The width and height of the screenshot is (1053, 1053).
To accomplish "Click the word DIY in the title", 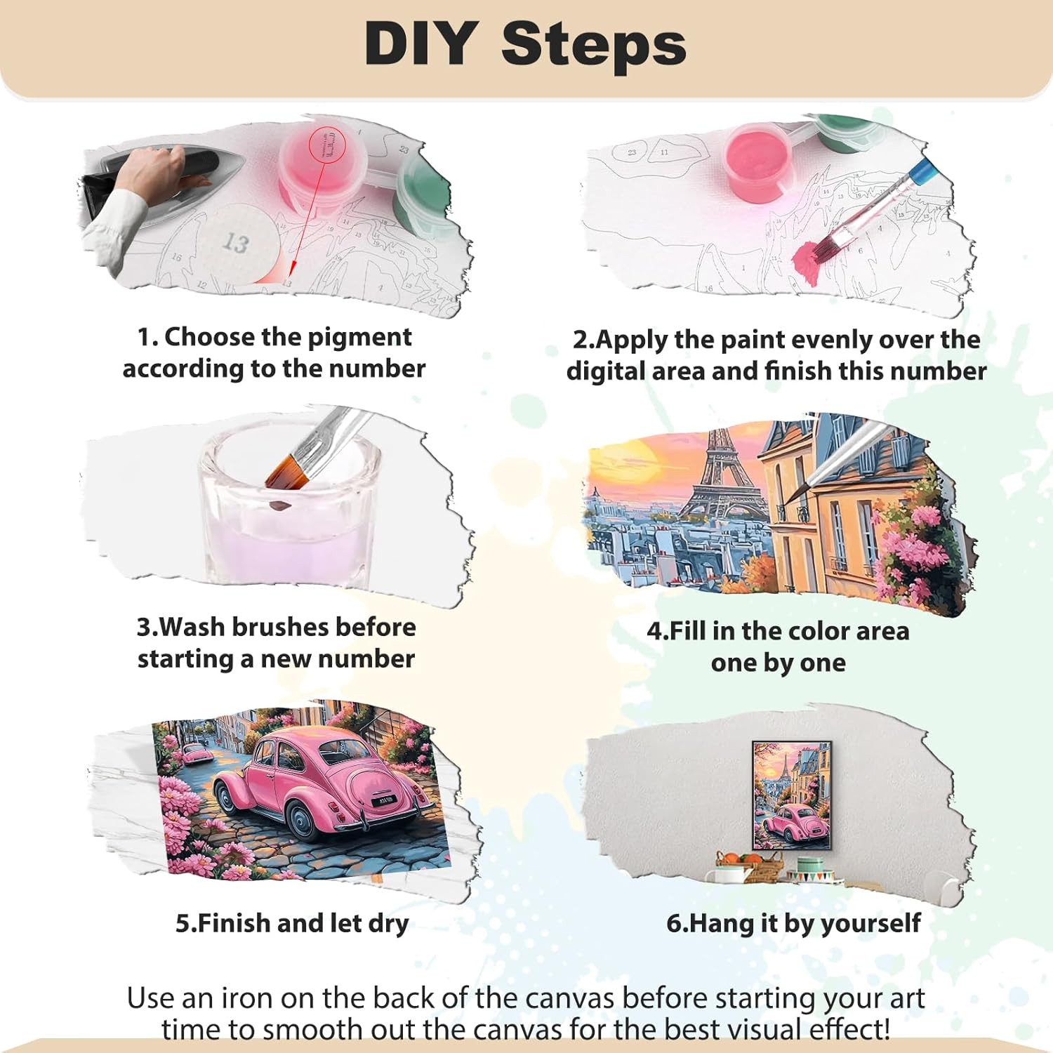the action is point(421,44).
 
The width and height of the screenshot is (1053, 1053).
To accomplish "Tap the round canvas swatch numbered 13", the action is point(237,243).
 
